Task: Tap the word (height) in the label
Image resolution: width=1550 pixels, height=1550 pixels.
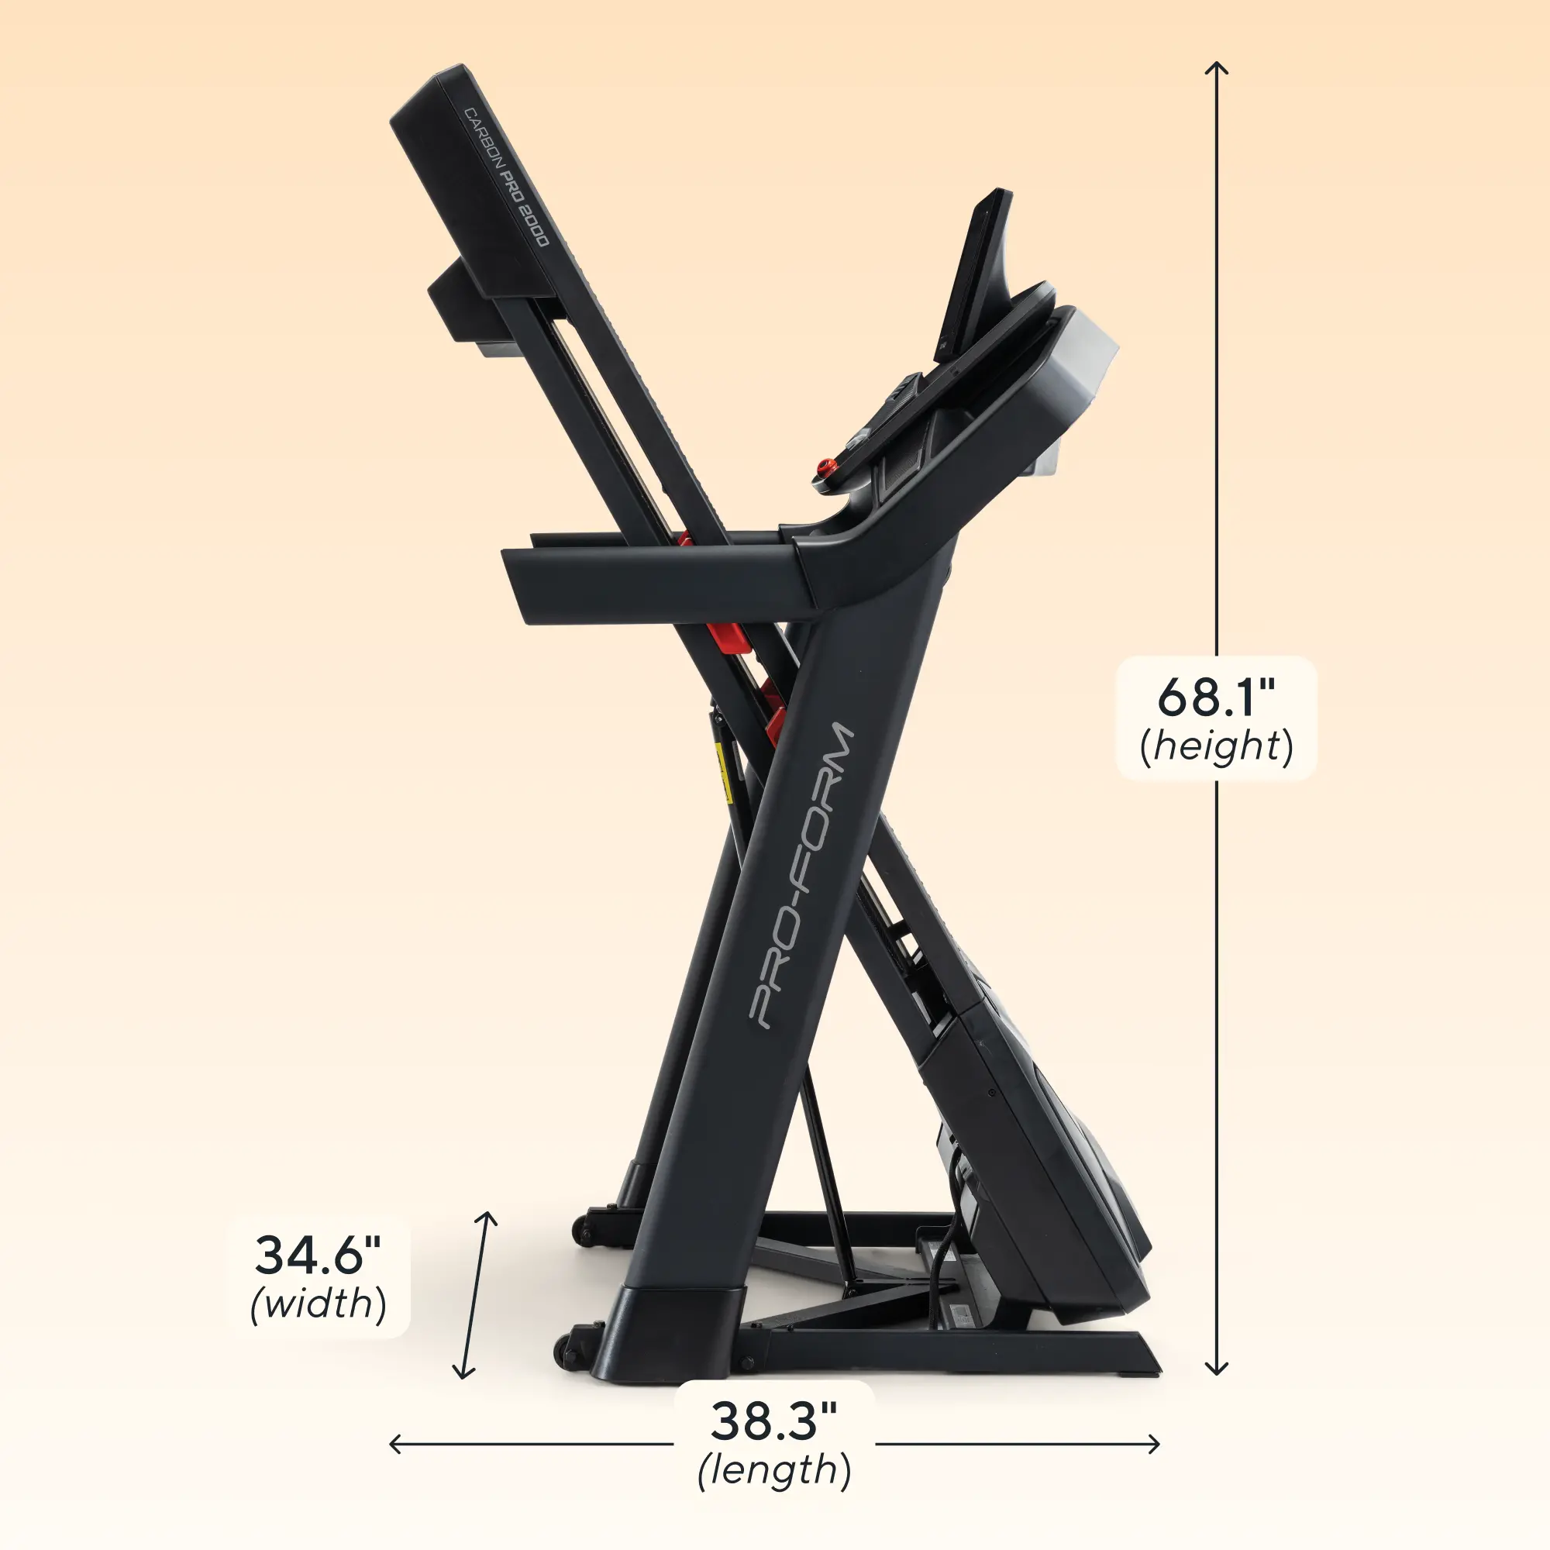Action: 1216,746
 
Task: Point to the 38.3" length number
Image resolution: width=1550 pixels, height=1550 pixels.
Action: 773,1420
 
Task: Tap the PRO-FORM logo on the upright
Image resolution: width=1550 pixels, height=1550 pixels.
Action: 801,874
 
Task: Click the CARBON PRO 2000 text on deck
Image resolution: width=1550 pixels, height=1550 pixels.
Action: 507,177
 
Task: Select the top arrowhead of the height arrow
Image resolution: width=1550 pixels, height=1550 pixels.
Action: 1216,66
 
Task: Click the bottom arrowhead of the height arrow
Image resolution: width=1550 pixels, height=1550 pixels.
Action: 1216,1371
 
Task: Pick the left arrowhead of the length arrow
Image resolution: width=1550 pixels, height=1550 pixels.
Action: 393,1444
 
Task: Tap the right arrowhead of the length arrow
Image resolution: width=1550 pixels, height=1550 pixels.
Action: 1156,1444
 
